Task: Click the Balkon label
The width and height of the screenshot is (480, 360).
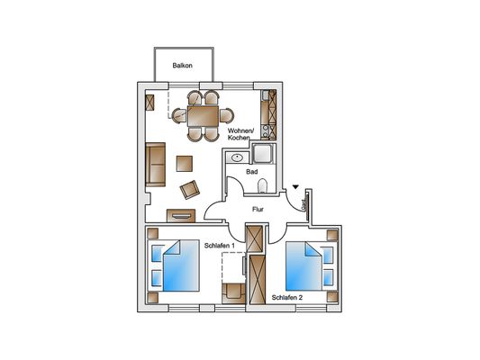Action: pos(183,66)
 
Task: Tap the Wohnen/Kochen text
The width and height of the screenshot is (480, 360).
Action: pos(240,134)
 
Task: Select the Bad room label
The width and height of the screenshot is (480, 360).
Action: pos(252,172)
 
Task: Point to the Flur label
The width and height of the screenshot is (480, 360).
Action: pos(258,209)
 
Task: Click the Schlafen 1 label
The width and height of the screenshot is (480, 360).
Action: pos(220,246)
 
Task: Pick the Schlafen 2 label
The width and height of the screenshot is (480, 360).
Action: pos(287,297)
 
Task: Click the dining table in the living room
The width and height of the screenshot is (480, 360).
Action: pos(203,116)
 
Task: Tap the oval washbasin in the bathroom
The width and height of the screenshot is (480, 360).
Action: pos(237,157)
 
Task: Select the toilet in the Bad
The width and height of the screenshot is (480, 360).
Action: pos(263,185)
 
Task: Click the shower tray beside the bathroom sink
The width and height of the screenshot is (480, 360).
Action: pos(264,154)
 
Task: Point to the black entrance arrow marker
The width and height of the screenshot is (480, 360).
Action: pos(295,186)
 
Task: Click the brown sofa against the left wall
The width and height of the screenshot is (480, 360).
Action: pos(156,165)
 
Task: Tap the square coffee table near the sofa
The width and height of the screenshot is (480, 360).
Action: pos(185,164)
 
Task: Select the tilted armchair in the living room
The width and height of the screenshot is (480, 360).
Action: pos(190,190)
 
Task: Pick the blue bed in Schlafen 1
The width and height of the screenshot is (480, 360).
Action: pos(181,265)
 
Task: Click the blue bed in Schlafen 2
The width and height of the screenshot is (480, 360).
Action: pos(304,266)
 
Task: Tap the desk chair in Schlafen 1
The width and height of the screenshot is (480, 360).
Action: pos(233,293)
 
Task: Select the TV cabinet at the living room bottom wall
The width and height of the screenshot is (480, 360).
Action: pos(181,216)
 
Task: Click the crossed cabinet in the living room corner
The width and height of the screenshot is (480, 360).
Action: pos(149,103)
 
